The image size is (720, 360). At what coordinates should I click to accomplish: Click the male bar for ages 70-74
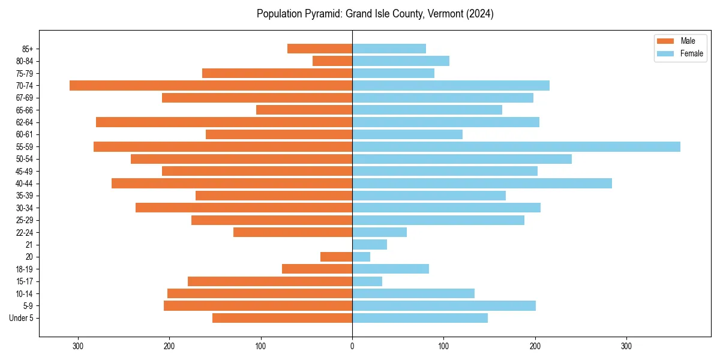211,86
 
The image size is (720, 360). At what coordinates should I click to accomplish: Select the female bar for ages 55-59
516,147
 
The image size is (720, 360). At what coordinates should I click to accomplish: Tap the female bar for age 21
370,245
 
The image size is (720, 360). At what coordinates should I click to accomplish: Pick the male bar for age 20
337,257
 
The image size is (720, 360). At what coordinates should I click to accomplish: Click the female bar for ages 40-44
482,184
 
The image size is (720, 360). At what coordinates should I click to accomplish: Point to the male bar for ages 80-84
332,61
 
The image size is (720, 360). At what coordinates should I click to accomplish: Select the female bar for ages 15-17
367,281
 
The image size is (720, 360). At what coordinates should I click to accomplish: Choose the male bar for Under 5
282,318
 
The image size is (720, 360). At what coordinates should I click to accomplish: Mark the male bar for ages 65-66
304,110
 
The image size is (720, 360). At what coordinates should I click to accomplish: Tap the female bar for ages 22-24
379,232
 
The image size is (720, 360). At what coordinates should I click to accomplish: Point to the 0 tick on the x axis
352,346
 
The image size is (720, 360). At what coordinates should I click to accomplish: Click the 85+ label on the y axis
28,49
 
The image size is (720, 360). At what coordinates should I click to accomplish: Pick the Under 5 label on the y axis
22,318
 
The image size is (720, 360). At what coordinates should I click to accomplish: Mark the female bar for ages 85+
389,49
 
